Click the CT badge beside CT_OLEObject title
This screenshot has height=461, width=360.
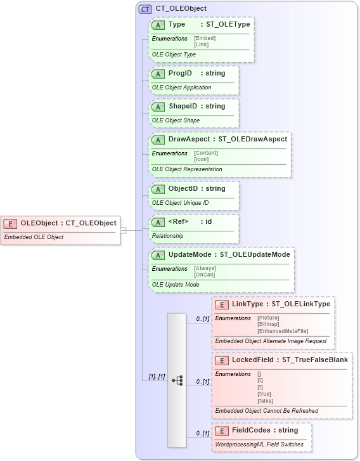point(145,9)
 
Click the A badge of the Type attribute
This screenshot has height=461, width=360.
point(158,25)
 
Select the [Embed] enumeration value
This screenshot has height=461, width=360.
point(205,38)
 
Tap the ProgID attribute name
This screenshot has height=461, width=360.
point(181,74)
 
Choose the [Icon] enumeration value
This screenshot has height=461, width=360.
point(202,159)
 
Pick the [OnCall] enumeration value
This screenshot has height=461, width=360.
point(205,274)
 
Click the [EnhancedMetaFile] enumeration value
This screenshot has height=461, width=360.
point(283,330)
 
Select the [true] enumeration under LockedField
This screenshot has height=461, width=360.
point(264,394)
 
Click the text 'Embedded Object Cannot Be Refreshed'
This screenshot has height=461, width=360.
point(267,410)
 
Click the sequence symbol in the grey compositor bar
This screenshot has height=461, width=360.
point(177,380)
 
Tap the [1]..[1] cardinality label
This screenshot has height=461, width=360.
point(157,376)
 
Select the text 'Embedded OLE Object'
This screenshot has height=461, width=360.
point(34,237)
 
